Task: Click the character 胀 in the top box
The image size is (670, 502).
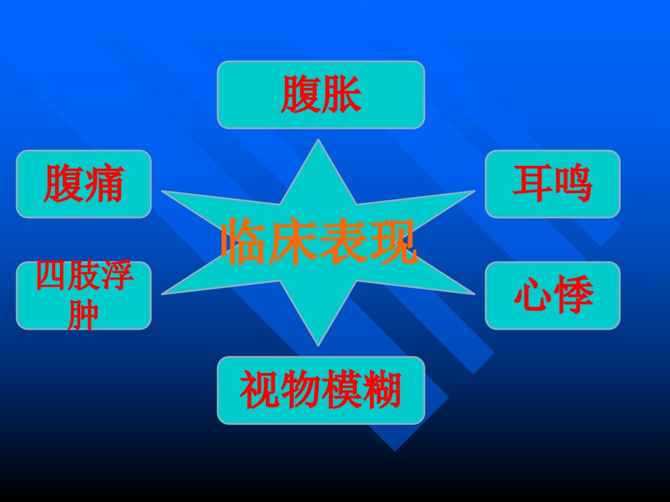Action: click(341, 94)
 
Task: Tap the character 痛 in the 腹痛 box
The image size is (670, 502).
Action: click(104, 183)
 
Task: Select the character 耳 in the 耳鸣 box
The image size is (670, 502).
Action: click(533, 183)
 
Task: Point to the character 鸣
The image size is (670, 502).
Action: click(572, 183)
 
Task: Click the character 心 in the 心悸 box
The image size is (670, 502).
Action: click(533, 294)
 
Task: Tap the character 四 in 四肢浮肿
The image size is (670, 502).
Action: click(50, 275)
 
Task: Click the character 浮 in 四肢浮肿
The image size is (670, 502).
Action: click(117, 275)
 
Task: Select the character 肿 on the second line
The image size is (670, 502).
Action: click(83, 315)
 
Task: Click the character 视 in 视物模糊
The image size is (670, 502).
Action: click(260, 390)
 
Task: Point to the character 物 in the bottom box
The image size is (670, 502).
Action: click(300, 390)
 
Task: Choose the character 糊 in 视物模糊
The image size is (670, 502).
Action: click(382, 390)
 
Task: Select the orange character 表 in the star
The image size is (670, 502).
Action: click(343, 242)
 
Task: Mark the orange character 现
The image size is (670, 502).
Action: click(393, 242)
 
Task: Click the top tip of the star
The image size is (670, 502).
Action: click(318, 139)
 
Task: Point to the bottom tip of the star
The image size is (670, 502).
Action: click(318, 346)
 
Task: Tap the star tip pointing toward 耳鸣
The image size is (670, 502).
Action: click(474, 191)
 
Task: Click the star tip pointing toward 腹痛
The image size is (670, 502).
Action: click(163, 191)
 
